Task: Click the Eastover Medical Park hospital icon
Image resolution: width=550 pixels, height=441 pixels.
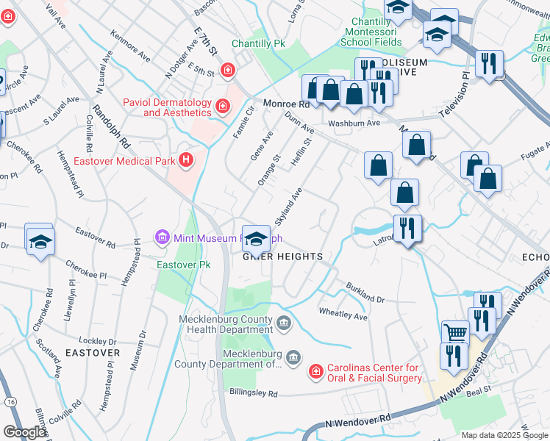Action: [x=187, y=159]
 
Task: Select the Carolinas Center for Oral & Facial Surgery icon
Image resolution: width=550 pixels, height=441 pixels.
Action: [x=315, y=373]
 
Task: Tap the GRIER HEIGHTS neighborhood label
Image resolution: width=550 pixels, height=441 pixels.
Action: [x=283, y=256]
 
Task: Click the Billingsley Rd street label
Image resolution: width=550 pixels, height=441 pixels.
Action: [x=252, y=394]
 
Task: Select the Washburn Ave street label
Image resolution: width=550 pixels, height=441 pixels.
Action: [x=354, y=123]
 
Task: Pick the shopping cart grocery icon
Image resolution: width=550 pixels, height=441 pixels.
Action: [x=455, y=332]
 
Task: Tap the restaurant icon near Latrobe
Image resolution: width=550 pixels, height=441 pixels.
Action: [x=406, y=228]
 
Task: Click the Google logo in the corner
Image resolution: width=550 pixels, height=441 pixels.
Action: [x=24, y=432]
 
